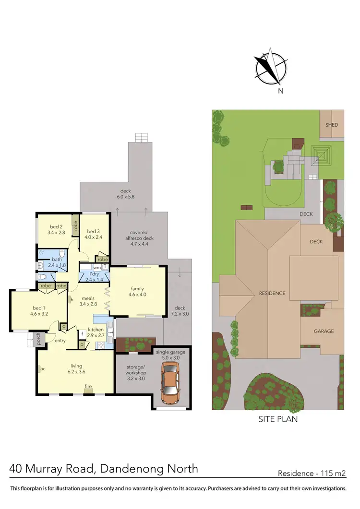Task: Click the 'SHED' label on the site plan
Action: [332, 125]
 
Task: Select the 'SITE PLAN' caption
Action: [277, 419]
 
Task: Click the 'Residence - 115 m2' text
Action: [312, 473]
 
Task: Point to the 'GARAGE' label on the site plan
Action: [324, 331]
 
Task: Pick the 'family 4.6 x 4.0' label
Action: [138, 292]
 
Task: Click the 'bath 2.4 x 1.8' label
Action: [57, 262]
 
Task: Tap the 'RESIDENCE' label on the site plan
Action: [272, 293]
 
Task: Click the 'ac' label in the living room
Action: [43, 369]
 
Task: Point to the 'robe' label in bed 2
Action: [75, 225]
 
